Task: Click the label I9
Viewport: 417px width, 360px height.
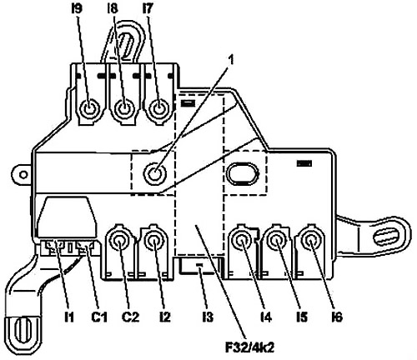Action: pos(77,9)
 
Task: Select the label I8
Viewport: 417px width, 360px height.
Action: pos(112,9)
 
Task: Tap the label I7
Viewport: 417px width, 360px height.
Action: pos(148,9)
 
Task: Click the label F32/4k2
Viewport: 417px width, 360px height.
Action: pos(249,347)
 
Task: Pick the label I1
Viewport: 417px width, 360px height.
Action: pos(69,317)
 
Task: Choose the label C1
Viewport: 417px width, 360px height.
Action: pos(99,317)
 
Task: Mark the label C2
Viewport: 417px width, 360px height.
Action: pos(131,317)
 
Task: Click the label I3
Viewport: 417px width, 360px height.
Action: pos(208,317)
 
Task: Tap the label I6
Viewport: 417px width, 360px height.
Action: pos(337,317)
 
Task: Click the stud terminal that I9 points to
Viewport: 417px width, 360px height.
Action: pos(89,108)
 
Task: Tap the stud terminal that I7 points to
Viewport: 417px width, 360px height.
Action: pos(159,108)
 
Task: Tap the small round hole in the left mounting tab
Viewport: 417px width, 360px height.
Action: pos(24,175)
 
